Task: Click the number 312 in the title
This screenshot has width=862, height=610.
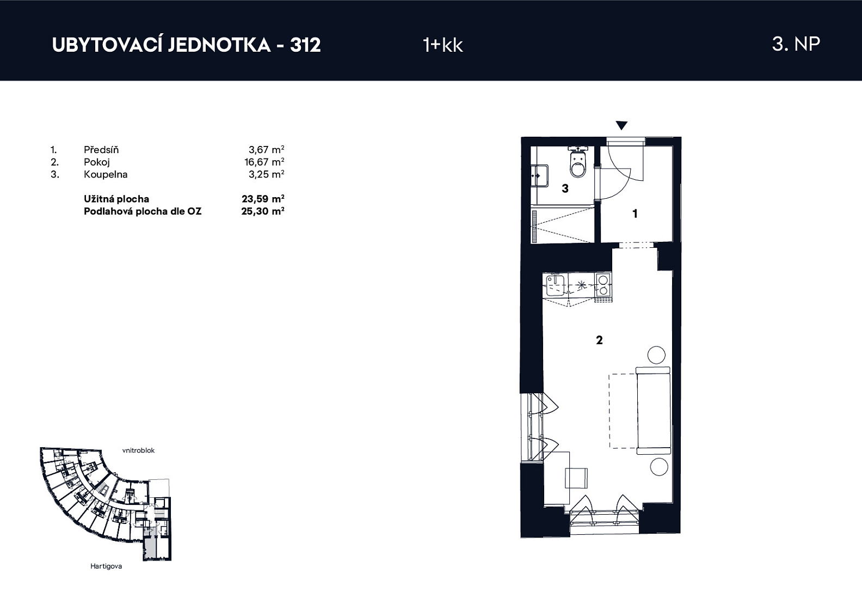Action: point(305,45)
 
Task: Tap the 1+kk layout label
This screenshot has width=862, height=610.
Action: point(442,45)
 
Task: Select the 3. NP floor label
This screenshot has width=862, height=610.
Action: point(796,44)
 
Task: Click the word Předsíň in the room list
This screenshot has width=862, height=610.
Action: point(101,149)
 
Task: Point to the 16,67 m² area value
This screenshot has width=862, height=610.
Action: point(264,162)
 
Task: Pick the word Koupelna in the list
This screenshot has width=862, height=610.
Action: point(106,174)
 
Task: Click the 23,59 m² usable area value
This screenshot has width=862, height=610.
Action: point(263,199)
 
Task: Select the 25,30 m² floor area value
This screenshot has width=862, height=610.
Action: point(263,211)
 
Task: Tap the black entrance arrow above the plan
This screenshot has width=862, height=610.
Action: point(621,125)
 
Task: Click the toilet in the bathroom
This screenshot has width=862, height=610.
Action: point(578,162)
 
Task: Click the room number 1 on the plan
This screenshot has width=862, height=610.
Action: point(635,213)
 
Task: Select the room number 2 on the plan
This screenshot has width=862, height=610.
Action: point(599,340)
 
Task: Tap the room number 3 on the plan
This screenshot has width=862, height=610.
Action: point(565,188)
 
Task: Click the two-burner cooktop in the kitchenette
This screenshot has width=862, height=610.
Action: point(604,285)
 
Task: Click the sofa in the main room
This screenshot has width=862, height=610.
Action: point(654,411)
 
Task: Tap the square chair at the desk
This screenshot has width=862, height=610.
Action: point(576,478)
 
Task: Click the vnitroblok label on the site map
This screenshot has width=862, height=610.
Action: point(138,450)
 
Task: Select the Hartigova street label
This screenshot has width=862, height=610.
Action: point(106,566)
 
